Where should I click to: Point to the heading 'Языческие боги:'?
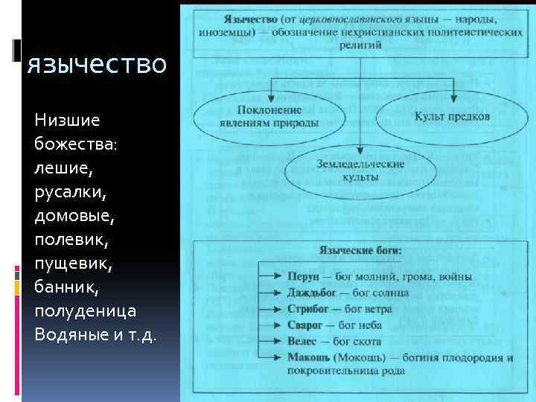click(360, 252)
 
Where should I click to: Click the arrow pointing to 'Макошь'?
click(269, 358)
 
